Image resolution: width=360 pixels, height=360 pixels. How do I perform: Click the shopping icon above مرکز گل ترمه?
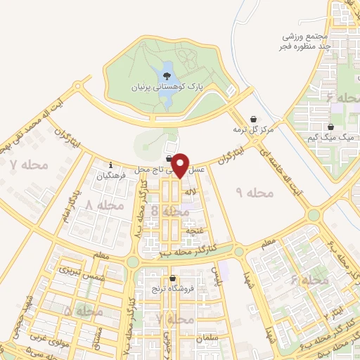pos(254,119)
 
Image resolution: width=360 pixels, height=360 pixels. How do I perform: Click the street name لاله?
pos(190,192)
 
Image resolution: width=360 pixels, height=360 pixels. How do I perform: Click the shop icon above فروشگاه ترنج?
pos(172,278)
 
